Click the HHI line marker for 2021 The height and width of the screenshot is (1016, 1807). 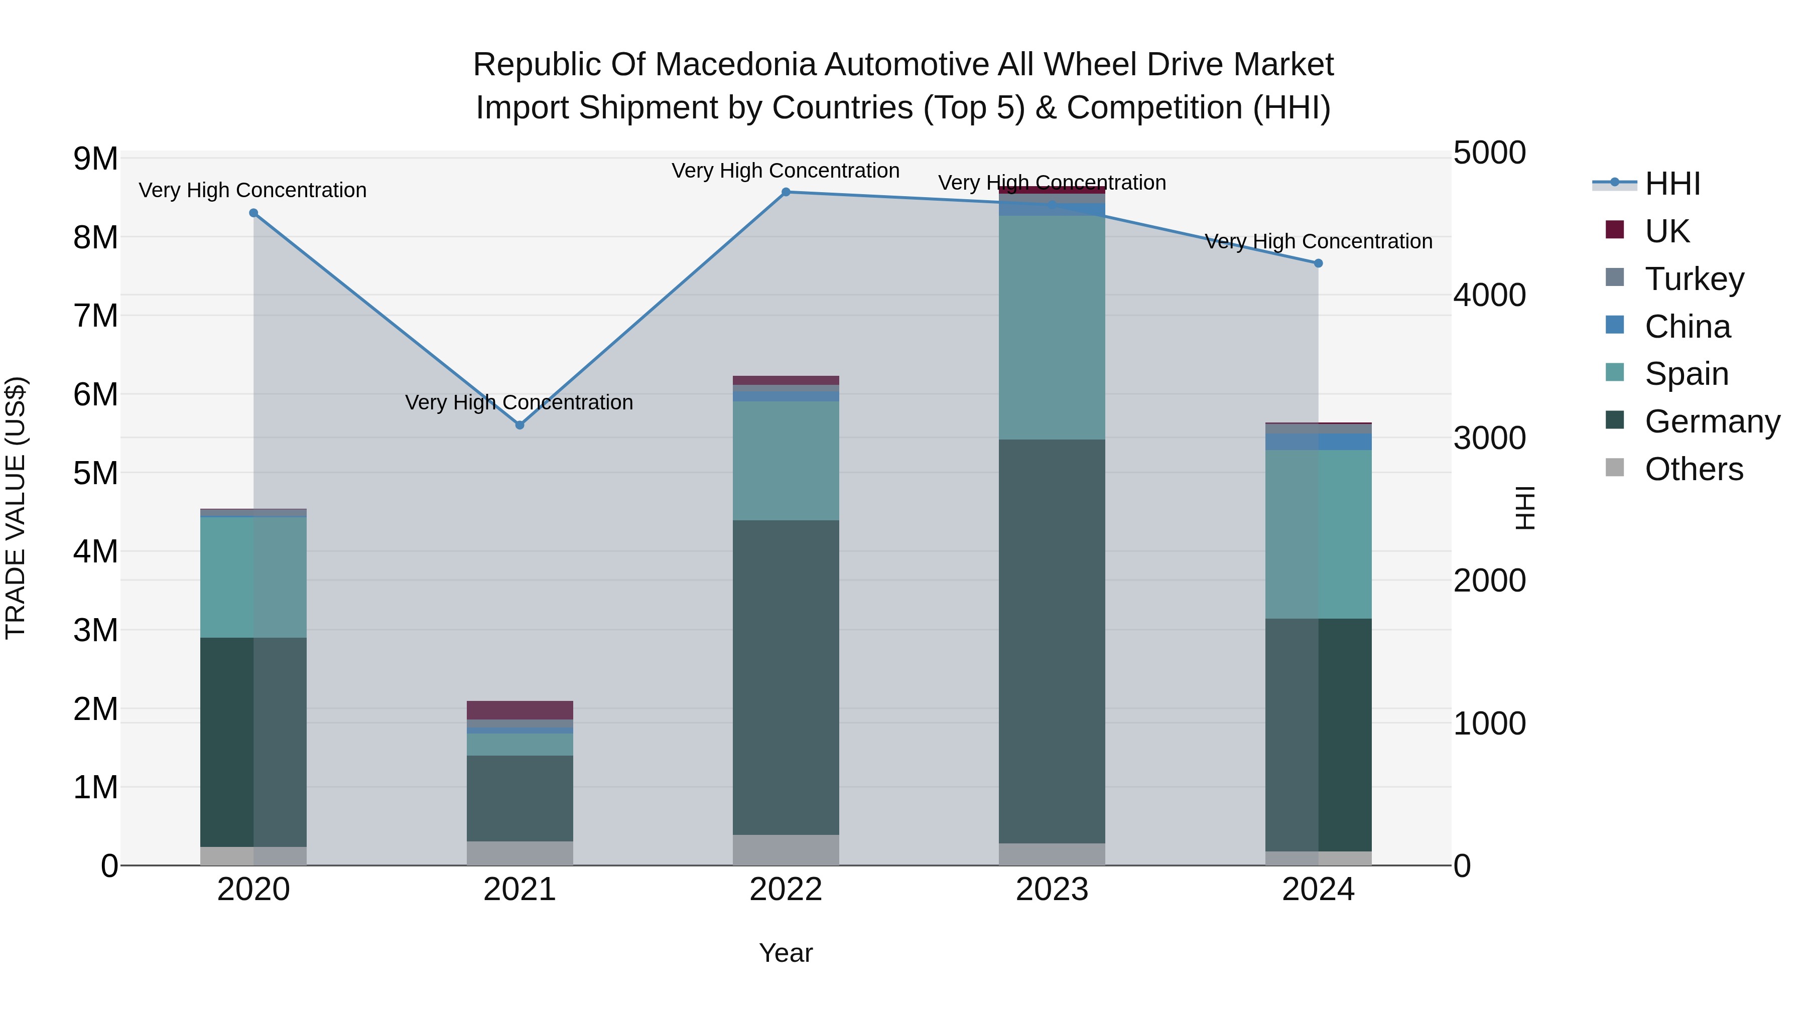[x=520, y=425]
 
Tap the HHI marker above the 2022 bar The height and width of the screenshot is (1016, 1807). [x=786, y=192]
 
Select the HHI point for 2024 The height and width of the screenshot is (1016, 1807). [x=1318, y=263]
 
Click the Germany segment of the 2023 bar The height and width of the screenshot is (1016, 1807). [x=1052, y=642]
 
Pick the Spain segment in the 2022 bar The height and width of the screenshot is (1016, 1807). [x=786, y=461]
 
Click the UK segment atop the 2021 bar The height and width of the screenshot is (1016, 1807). [x=520, y=710]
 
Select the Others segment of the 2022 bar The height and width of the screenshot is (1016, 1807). [x=786, y=850]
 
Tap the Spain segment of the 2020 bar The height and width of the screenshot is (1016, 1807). [x=253, y=577]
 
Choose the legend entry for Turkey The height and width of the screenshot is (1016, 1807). [x=1694, y=279]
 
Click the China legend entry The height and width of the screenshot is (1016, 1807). [x=1687, y=327]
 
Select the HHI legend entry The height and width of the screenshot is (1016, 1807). [x=1671, y=184]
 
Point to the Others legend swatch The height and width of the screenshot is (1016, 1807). [x=1614, y=468]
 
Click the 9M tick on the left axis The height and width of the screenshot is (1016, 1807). [x=95, y=159]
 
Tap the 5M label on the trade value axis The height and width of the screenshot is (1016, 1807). [x=95, y=473]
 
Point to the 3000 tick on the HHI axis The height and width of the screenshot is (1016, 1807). [x=1489, y=438]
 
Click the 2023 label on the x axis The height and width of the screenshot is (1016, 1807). [x=1052, y=890]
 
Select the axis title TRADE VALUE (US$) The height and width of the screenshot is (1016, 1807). [x=16, y=508]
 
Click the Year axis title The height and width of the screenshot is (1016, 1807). [x=786, y=953]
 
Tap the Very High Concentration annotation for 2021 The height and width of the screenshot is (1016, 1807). [x=519, y=402]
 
